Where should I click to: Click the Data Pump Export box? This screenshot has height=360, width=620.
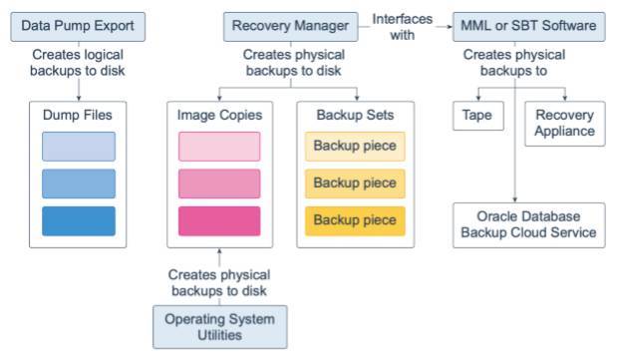pyautogui.click(x=78, y=24)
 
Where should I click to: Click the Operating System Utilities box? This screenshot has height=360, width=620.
pyautogui.click(x=218, y=327)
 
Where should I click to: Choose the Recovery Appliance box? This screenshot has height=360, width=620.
pyautogui.click(x=564, y=122)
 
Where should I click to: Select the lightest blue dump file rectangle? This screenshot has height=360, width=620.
pyautogui.click(x=78, y=147)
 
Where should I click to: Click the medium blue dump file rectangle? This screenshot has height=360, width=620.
pyautogui.click(x=78, y=183)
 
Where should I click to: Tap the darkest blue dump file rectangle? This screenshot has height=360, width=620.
pyautogui.click(x=78, y=220)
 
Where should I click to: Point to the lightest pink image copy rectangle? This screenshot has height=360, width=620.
pyautogui.click(x=218, y=147)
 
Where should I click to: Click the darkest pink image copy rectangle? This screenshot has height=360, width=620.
pyautogui.click(x=218, y=220)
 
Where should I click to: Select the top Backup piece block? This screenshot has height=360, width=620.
pyautogui.click(x=355, y=147)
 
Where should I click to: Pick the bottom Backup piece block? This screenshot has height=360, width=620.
pyautogui.click(x=355, y=220)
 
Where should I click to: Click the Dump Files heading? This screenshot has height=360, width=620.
pyautogui.click(x=78, y=115)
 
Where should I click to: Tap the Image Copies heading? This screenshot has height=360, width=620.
pyautogui.click(x=218, y=115)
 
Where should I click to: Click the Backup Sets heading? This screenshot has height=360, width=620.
pyautogui.click(x=355, y=115)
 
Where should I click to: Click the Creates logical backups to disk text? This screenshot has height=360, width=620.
pyautogui.click(x=78, y=62)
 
